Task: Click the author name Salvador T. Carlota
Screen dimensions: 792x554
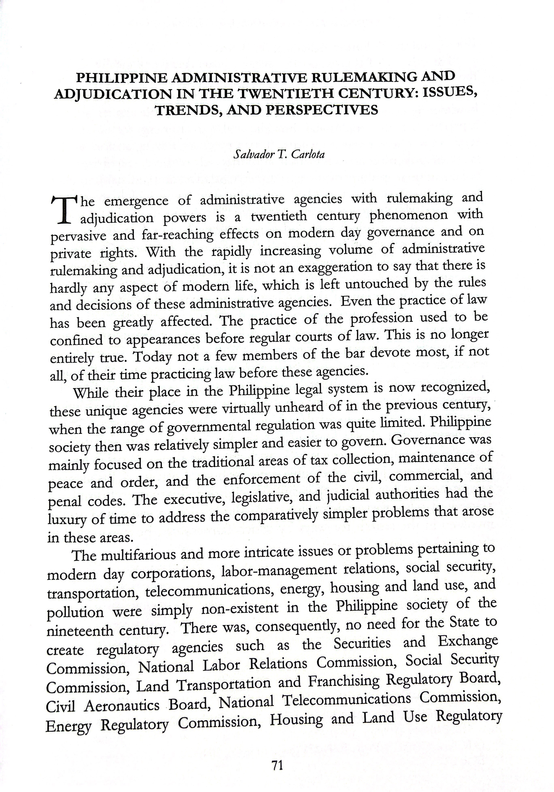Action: coord(279,154)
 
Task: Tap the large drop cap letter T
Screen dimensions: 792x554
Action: coord(64,210)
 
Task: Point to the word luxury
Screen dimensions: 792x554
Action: coord(67,520)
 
